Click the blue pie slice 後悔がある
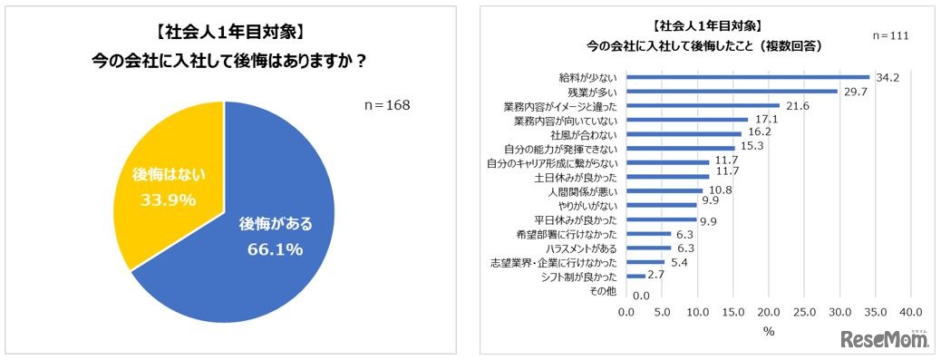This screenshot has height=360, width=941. tap(263, 236)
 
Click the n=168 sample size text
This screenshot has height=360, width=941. tap(386, 105)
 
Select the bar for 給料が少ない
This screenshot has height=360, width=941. tap(748, 77)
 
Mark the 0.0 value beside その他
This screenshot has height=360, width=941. tap(641, 296)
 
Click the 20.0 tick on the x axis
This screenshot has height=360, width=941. tap(769, 313)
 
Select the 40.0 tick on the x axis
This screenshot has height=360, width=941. tap(911, 313)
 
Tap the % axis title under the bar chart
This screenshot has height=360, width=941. tap(769, 332)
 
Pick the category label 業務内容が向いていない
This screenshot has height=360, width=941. tap(567, 120)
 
